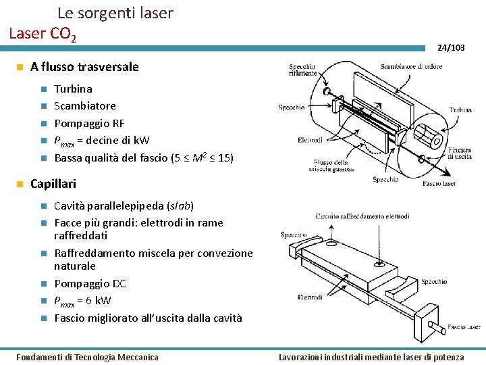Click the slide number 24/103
point(450,48)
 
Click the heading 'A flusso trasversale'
point(84,67)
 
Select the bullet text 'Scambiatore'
point(84,106)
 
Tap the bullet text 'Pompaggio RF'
point(89,123)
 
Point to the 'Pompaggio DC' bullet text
point(90,284)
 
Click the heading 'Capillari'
point(53,184)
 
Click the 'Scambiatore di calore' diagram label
point(411,66)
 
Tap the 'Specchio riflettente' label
point(302,70)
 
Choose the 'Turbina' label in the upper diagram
point(460,109)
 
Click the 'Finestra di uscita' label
point(463,153)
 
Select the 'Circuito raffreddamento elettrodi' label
point(362,216)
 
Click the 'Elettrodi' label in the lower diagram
point(310,297)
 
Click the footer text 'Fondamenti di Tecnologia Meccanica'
point(87,357)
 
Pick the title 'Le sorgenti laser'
point(115,13)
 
